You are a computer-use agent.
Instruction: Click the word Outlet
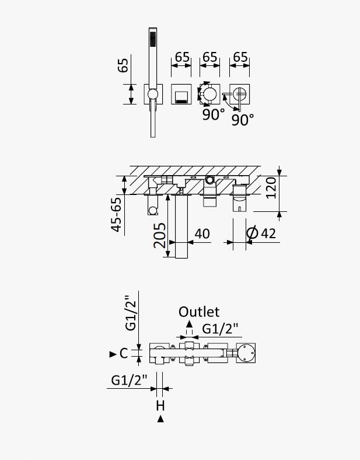(199, 312)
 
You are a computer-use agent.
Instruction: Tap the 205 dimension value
(160, 235)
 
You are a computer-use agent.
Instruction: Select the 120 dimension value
(271, 187)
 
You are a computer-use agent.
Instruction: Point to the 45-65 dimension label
(116, 214)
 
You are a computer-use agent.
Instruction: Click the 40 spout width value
(202, 234)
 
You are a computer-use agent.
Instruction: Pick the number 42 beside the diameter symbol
(268, 234)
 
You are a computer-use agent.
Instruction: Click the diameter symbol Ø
(252, 234)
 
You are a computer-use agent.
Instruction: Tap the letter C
(124, 354)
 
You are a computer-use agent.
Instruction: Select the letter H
(160, 406)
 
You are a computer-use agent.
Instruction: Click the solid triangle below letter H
(160, 419)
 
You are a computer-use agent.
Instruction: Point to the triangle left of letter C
(113, 354)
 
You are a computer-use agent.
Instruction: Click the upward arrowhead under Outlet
(190, 324)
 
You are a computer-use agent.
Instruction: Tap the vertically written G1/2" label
(131, 312)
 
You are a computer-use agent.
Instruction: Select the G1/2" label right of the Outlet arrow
(220, 329)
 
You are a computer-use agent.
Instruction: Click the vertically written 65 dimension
(123, 65)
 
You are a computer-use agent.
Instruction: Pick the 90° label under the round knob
(214, 114)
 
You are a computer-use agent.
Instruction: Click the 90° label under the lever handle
(243, 120)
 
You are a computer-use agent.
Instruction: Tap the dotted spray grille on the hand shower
(153, 39)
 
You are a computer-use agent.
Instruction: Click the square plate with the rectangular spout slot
(181, 94)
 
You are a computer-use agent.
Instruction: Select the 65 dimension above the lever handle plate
(240, 57)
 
